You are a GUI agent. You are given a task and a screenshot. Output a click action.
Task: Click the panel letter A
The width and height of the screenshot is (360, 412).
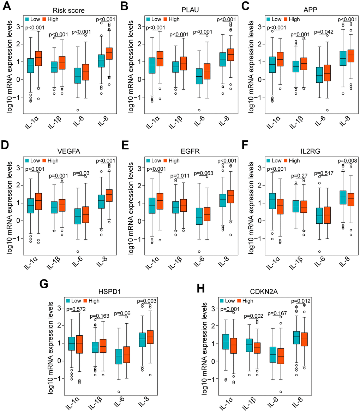pos(6,6)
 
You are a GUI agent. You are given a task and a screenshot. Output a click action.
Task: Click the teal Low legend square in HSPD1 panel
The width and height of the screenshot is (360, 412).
pos(69,301)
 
